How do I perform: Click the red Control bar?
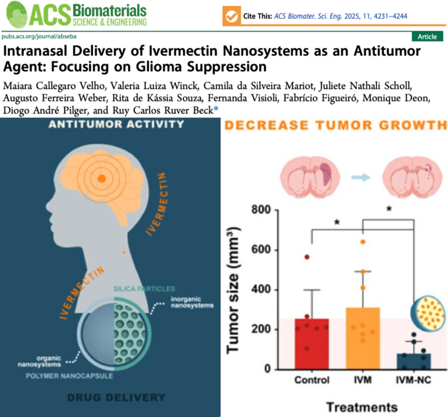coord(311,344)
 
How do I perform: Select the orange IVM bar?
coord(363,339)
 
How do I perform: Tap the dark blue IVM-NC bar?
coord(413,361)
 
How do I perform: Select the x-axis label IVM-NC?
coord(413,380)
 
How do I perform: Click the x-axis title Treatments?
coord(362,407)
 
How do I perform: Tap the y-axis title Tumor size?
coord(234,290)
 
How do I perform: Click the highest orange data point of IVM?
coord(363,242)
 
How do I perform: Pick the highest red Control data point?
coord(307,257)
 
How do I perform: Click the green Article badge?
coord(427,37)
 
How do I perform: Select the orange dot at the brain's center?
coord(101,178)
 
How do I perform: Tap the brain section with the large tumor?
coord(309,177)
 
